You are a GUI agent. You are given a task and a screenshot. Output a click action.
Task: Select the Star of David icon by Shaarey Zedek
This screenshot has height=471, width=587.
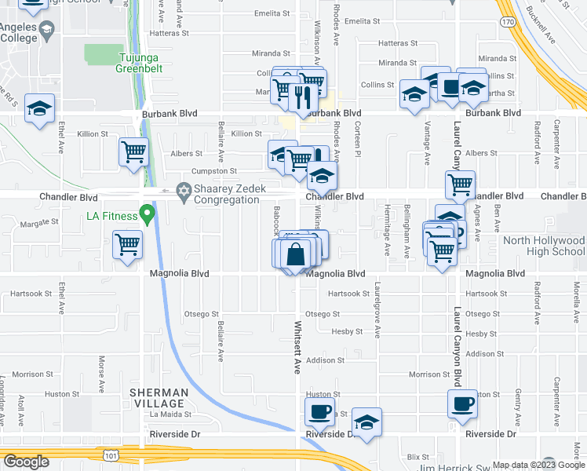tap(184, 190)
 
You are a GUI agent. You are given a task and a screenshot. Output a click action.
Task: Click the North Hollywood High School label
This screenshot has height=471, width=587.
tap(552, 246)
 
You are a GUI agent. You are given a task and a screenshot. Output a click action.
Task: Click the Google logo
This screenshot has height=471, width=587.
tap(26, 462)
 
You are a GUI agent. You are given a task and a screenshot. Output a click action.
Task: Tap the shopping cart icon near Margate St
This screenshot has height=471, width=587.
tap(126, 244)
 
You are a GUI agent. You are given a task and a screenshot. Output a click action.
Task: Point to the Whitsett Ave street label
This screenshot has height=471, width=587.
tap(297, 346)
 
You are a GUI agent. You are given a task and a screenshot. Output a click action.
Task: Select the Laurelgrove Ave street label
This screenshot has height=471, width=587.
tap(377, 310)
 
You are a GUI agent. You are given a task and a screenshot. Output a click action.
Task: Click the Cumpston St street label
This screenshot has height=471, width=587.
tap(214, 170)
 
